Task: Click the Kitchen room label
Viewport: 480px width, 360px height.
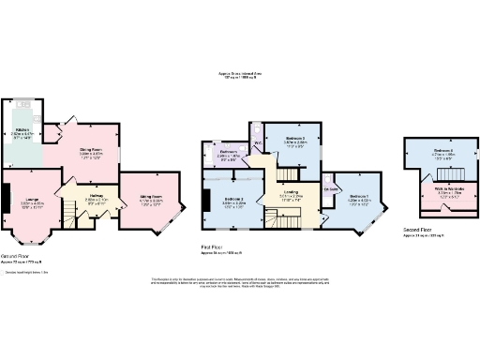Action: tap(22, 129)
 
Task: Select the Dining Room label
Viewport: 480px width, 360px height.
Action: tap(91, 150)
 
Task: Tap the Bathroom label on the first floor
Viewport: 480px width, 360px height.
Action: tap(229, 151)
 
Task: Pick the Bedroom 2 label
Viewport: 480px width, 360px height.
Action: tap(234, 200)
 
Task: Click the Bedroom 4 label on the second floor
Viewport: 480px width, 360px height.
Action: tap(443, 151)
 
